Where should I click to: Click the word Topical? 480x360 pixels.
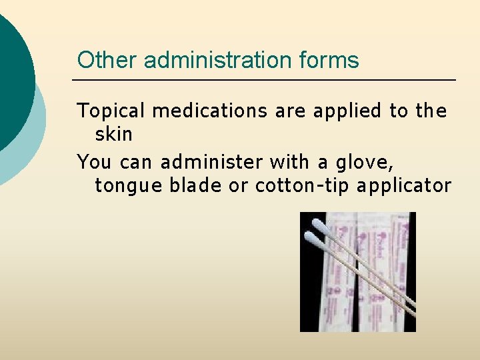pos(111,110)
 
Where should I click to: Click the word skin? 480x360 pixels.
pos(114,134)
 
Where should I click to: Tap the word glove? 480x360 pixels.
pos(374,162)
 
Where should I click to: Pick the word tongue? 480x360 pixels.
pos(129,186)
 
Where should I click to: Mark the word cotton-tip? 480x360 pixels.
pos(303,185)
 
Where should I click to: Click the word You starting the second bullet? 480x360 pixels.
pos(95,161)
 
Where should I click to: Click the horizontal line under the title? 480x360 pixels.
pos(263,80)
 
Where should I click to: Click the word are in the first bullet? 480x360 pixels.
pos(287,110)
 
